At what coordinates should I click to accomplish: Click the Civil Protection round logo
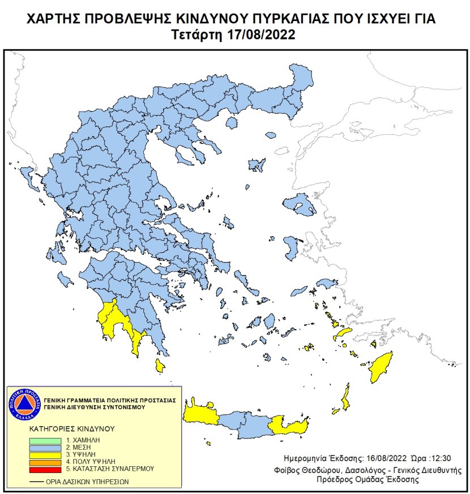(24, 404)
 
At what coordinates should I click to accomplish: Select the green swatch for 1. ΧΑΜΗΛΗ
(45, 440)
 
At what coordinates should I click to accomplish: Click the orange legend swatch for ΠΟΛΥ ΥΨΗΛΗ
(45, 462)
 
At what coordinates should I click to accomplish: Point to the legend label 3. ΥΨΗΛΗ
(82, 455)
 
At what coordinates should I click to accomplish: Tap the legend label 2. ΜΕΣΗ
(80, 448)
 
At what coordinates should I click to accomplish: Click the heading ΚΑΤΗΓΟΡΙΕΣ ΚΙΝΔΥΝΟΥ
(71, 428)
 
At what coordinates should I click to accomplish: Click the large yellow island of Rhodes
(381, 368)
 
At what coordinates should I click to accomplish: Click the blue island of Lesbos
(300, 205)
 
